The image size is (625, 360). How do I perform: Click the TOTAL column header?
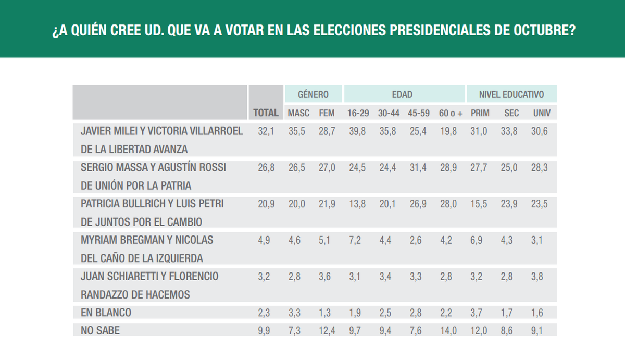[266, 113]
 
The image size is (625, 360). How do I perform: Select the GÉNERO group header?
[313, 94]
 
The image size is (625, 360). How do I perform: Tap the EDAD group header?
[402, 94]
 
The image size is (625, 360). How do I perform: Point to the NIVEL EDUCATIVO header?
[511, 94]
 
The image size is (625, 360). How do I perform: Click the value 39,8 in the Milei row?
[357, 132]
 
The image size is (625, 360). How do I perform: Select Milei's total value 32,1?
[266, 132]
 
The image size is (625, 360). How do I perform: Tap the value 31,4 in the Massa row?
[417, 168]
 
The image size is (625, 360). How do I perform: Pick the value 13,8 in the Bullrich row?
[357, 204]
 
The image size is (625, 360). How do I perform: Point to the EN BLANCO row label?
[106, 313]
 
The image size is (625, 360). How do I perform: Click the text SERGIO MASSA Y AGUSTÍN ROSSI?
[154, 168]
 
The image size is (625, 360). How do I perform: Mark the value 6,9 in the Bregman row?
[479, 241]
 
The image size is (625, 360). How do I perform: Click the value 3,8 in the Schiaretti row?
[538, 277]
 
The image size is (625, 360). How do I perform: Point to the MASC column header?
[298, 113]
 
